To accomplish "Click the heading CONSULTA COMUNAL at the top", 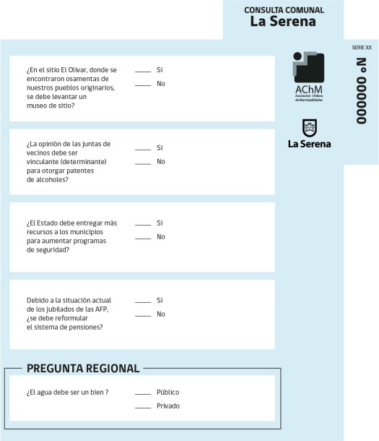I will point(284,10).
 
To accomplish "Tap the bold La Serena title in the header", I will point(283,22).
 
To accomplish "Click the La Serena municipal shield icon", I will point(309,128).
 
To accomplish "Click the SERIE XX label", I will point(362,47).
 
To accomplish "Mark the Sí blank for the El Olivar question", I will point(143,71).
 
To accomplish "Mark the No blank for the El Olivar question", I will point(143,85).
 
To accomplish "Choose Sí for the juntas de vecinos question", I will point(143,148).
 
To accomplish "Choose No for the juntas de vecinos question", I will point(143,162).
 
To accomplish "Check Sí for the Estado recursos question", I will point(143,223).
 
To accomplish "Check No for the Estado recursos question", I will point(143,237).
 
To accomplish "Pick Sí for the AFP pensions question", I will point(143,301).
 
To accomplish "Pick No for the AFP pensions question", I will point(143,314).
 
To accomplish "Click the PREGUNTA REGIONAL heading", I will point(83,369).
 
